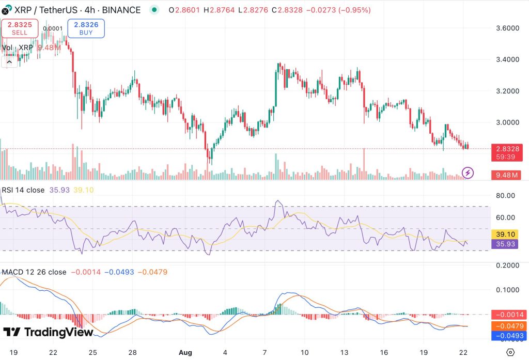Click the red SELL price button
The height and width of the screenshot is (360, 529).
tap(20, 28)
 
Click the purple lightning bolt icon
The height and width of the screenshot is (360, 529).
tap(468, 173)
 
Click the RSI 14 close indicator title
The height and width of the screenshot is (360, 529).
tap(23, 190)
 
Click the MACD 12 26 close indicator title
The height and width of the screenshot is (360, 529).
tap(34, 272)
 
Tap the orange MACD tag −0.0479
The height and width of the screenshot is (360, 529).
tap(509, 325)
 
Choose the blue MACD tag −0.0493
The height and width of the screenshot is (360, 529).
tap(509, 336)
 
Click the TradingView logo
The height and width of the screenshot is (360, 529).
tap(48, 332)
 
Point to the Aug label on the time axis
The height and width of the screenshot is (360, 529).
tap(185, 352)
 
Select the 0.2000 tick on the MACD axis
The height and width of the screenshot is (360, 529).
tap(506, 265)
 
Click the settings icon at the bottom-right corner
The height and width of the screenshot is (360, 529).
tap(511, 352)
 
